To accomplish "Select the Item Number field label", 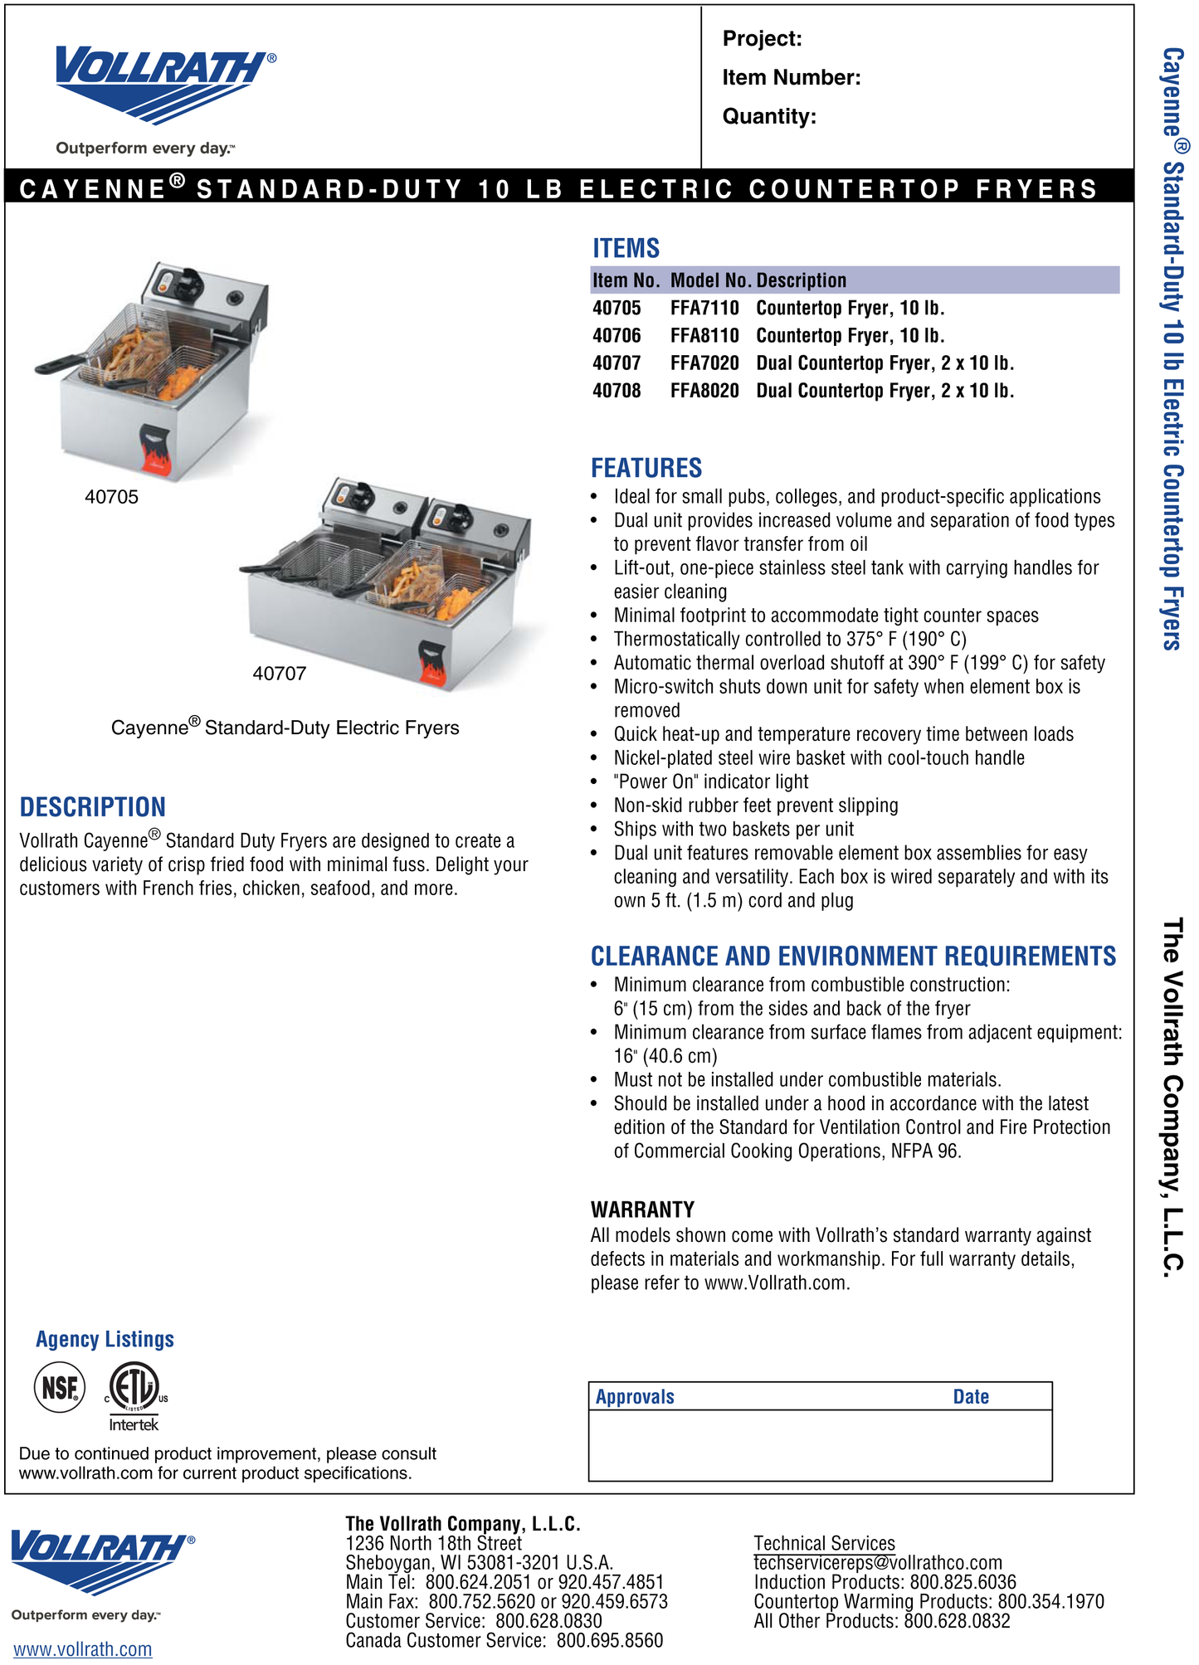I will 791,78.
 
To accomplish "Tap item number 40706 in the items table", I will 617,336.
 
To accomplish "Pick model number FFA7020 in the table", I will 704,363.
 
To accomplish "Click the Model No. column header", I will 710,280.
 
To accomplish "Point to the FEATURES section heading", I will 646,469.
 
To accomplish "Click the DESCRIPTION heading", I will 92,807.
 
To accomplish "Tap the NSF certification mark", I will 60,1386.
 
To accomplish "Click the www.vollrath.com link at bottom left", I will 82,1649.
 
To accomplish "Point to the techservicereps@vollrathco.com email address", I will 877,1563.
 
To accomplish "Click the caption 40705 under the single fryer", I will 111,497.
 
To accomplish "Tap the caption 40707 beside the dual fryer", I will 279,674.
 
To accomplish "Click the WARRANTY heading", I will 642,1210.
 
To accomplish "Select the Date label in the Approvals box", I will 970,1397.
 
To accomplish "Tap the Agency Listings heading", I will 105,1339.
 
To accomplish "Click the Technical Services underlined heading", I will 824,1543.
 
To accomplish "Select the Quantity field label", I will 768,116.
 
